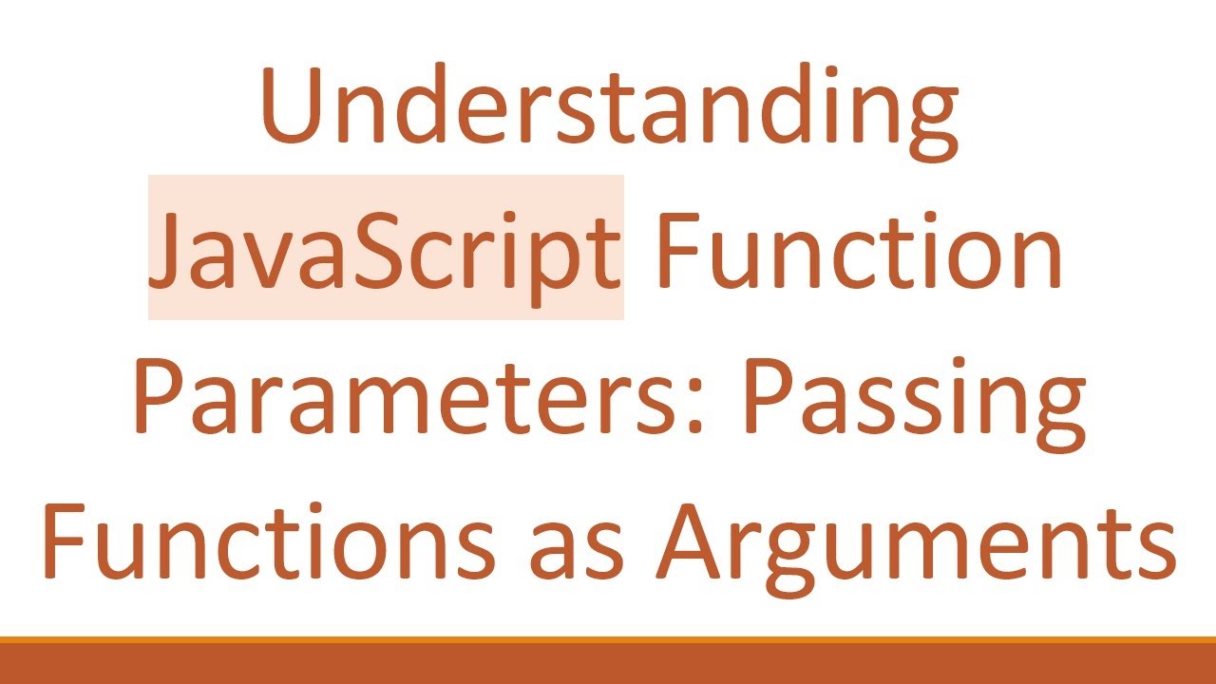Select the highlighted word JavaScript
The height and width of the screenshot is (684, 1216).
(x=386, y=249)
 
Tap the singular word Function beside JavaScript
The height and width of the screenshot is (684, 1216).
(x=859, y=249)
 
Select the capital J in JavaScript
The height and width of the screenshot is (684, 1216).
(x=172, y=249)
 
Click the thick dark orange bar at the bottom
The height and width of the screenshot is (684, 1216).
(x=608, y=665)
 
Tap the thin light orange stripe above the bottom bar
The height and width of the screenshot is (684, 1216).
(x=608, y=640)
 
